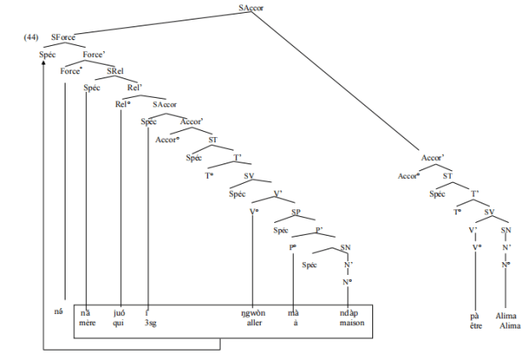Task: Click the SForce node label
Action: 64,38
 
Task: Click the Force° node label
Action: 71,71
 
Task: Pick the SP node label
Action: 296,213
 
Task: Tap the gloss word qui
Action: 118,323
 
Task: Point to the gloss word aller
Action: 252,323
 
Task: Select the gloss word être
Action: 475,326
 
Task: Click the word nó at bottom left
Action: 58,312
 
